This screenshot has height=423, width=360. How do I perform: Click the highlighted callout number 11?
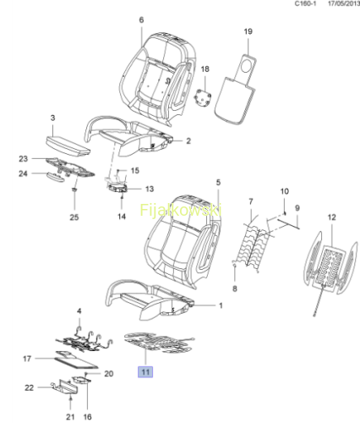point(145,372)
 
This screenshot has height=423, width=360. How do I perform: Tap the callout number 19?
point(248,31)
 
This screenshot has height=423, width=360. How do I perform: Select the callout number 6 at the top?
point(141,19)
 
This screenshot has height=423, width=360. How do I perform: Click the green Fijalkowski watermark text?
point(181,210)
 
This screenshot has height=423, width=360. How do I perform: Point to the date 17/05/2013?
point(344,3)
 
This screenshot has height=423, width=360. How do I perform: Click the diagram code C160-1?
point(305,3)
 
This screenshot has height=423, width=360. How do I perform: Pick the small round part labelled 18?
point(203,98)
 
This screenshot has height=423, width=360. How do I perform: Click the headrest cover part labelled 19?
point(236,89)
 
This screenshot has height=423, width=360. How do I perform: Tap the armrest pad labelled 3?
point(68,146)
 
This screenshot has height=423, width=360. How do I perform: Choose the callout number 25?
point(74,217)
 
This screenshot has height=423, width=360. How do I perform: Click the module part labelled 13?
point(117,188)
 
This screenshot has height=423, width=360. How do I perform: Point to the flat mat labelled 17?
point(76,360)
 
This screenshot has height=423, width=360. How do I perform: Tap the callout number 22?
point(30,387)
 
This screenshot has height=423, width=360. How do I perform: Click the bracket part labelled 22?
point(65,387)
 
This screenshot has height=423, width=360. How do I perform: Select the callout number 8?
point(235,288)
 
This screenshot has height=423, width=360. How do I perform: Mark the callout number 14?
point(122,217)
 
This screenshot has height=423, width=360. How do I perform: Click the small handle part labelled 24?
point(56,177)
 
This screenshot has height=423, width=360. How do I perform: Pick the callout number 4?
point(79,310)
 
